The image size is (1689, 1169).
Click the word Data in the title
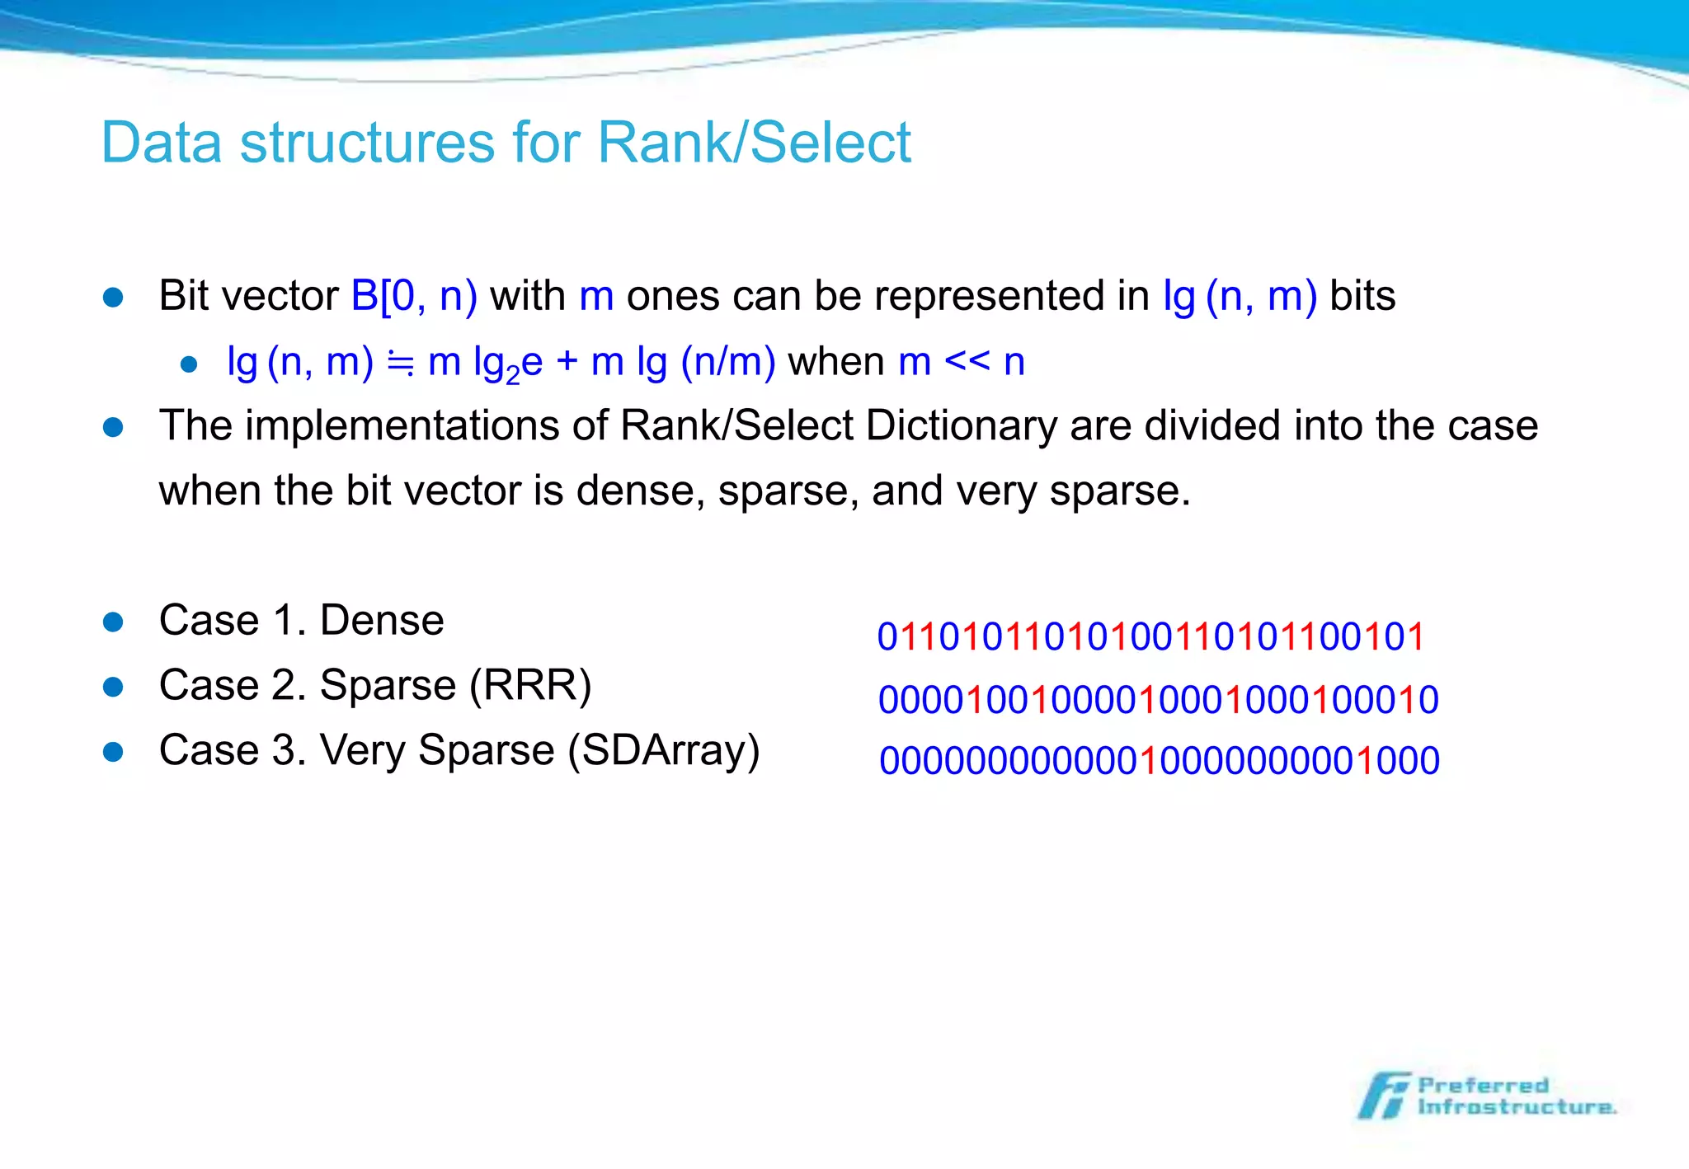[162, 143]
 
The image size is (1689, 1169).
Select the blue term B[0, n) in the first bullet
[414, 296]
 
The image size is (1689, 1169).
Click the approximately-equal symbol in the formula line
[401, 363]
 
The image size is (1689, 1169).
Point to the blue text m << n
[962, 363]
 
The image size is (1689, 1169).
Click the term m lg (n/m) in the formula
[683, 363]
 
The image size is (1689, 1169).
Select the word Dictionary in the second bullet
[962, 426]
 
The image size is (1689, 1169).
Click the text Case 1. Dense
[301, 621]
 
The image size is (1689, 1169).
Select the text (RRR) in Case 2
[530, 686]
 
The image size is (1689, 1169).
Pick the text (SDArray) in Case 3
[663, 751]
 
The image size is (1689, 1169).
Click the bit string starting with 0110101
[1150, 637]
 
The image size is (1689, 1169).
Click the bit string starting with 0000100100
[1158, 701]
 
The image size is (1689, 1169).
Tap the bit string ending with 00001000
[1159, 761]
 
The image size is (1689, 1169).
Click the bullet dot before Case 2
[113, 687]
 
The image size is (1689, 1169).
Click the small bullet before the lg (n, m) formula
[189, 364]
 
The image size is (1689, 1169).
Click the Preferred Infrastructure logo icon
[1384, 1096]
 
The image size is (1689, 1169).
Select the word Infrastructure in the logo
[1516, 1107]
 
